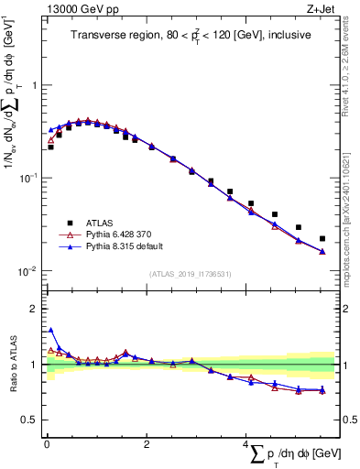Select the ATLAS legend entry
[x=100, y=222]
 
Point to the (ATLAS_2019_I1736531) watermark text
[x=190, y=274]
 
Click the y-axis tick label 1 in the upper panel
[x=34, y=85]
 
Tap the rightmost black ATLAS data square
[x=322, y=239]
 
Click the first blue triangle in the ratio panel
[x=50, y=331]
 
